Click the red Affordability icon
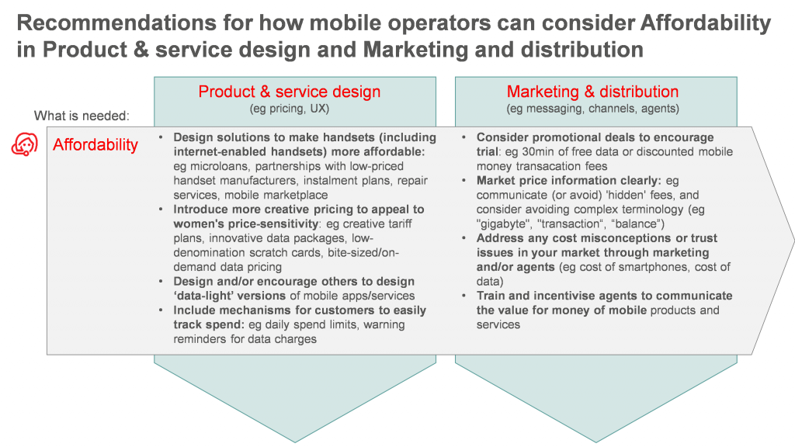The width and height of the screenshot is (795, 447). (x=25, y=144)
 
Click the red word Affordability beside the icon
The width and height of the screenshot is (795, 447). (x=95, y=145)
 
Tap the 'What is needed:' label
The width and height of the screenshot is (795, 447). (x=82, y=116)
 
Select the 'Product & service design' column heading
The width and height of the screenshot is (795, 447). (x=290, y=92)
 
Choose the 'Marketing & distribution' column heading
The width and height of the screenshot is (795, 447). (x=592, y=92)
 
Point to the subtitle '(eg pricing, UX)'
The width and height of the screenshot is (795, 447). (x=290, y=109)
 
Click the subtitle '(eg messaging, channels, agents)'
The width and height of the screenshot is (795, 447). (x=592, y=109)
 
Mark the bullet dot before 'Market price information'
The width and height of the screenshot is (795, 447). (x=464, y=180)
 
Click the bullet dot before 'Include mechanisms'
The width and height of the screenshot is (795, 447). (x=161, y=310)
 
